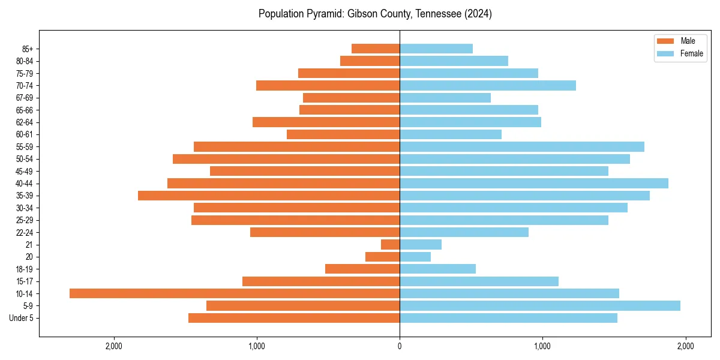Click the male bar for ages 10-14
tap(235, 293)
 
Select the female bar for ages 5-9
tap(540, 305)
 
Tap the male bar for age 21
tap(391, 244)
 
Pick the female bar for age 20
tap(415, 257)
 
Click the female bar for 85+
tap(436, 49)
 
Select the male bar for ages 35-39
tap(269, 196)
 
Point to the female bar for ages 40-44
tap(534, 183)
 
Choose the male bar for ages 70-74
tap(328, 85)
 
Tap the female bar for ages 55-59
tap(522, 146)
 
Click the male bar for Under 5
tap(294, 318)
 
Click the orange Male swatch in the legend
tap(666, 41)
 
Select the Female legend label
tap(692, 53)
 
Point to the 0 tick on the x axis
tap(400, 346)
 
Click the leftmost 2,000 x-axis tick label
tap(113, 346)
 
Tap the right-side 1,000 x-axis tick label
tap(542, 346)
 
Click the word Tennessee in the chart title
tap(437, 14)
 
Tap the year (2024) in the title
tap(478, 14)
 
